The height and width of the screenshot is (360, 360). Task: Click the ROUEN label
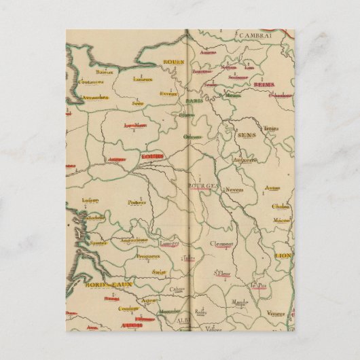point(174,62)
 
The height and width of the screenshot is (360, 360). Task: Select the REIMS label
point(264,84)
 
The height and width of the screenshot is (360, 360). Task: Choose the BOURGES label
point(203,185)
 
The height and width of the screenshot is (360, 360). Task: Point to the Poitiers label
point(137,202)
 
